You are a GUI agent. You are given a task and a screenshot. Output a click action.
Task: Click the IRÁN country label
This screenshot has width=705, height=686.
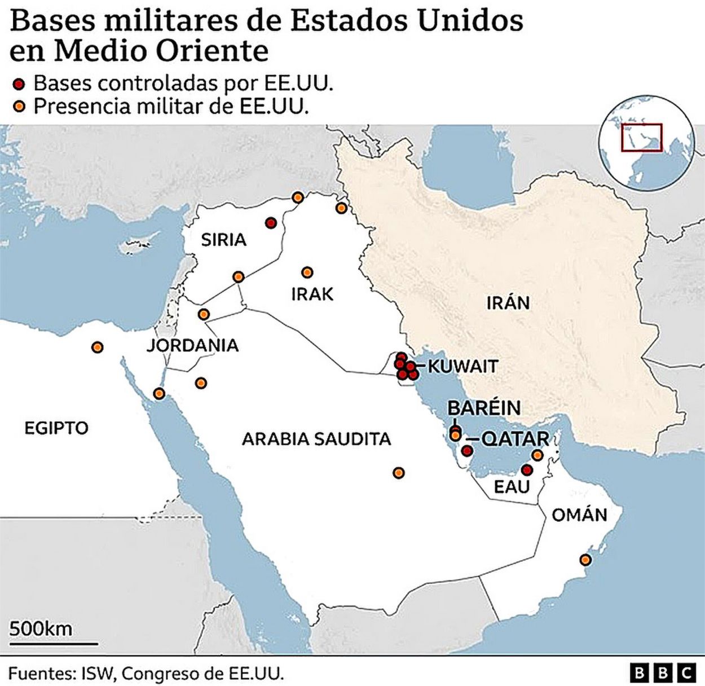click(x=508, y=303)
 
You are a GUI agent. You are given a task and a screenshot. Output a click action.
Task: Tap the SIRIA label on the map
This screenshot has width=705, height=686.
click(x=224, y=240)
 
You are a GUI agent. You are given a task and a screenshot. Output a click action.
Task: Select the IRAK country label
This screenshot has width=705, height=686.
click(x=312, y=294)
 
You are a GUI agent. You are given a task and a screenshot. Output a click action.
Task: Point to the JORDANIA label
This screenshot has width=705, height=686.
click(x=193, y=345)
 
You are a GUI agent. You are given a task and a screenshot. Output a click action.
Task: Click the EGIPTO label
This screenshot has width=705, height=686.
click(x=56, y=428)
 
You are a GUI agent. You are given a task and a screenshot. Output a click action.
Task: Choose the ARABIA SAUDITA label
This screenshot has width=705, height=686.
click(x=316, y=439)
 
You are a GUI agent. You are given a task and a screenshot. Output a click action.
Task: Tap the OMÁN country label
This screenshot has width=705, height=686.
click(x=579, y=514)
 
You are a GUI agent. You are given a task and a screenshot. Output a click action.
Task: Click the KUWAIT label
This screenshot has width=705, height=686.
click(x=463, y=366)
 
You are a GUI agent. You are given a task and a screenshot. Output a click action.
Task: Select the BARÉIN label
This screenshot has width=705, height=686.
click(x=484, y=407)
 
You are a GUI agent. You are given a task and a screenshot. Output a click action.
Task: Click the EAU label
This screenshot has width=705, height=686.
click(x=512, y=486)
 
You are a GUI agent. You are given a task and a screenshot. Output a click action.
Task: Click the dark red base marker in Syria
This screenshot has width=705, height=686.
click(x=271, y=222)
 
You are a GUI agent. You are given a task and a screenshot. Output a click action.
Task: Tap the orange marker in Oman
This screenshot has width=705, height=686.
click(x=585, y=560)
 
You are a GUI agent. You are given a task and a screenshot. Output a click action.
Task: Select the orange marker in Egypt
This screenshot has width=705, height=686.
click(x=98, y=347)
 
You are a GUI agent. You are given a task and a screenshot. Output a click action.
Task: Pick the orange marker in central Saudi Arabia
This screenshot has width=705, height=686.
click(x=398, y=473)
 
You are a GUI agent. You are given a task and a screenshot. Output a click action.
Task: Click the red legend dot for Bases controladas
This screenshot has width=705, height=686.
click(x=20, y=85)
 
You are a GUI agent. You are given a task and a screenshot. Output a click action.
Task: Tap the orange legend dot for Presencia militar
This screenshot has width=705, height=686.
click(x=20, y=107)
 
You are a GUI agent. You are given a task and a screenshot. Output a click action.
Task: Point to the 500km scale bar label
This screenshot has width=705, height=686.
click(x=41, y=628)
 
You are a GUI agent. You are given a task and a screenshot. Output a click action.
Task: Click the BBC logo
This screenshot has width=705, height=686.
click(x=663, y=672)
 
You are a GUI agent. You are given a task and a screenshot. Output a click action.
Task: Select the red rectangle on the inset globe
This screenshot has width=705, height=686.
click(x=641, y=137)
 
